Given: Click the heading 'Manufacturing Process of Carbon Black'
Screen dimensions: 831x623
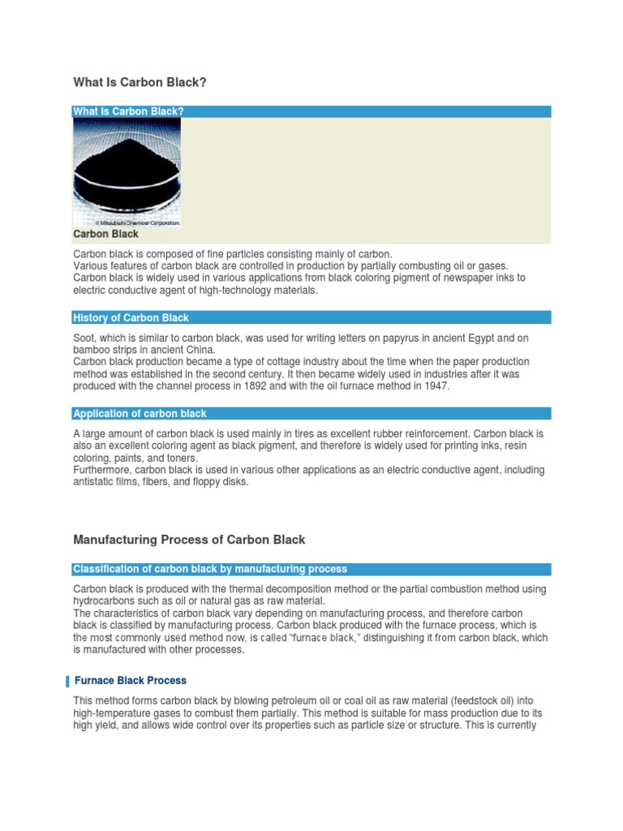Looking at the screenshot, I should (x=189, y=540).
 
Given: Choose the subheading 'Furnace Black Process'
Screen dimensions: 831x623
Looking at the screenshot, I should (x=131, y=680).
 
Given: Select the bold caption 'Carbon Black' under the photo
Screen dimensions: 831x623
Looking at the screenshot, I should (x=105, y=234).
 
